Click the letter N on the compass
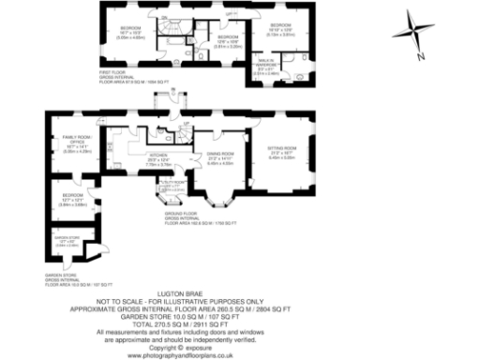421,57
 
